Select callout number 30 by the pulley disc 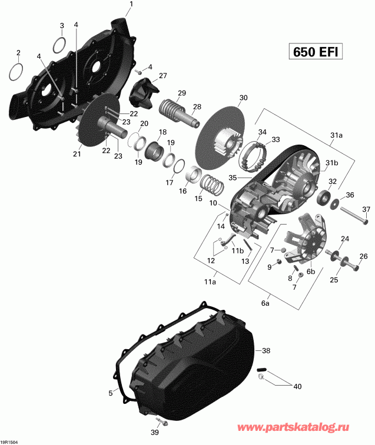(x=243, y=98)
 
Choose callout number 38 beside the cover (x=266, y=350)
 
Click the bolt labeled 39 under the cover (x=160, y=421)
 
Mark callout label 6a (x=266, y=304)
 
